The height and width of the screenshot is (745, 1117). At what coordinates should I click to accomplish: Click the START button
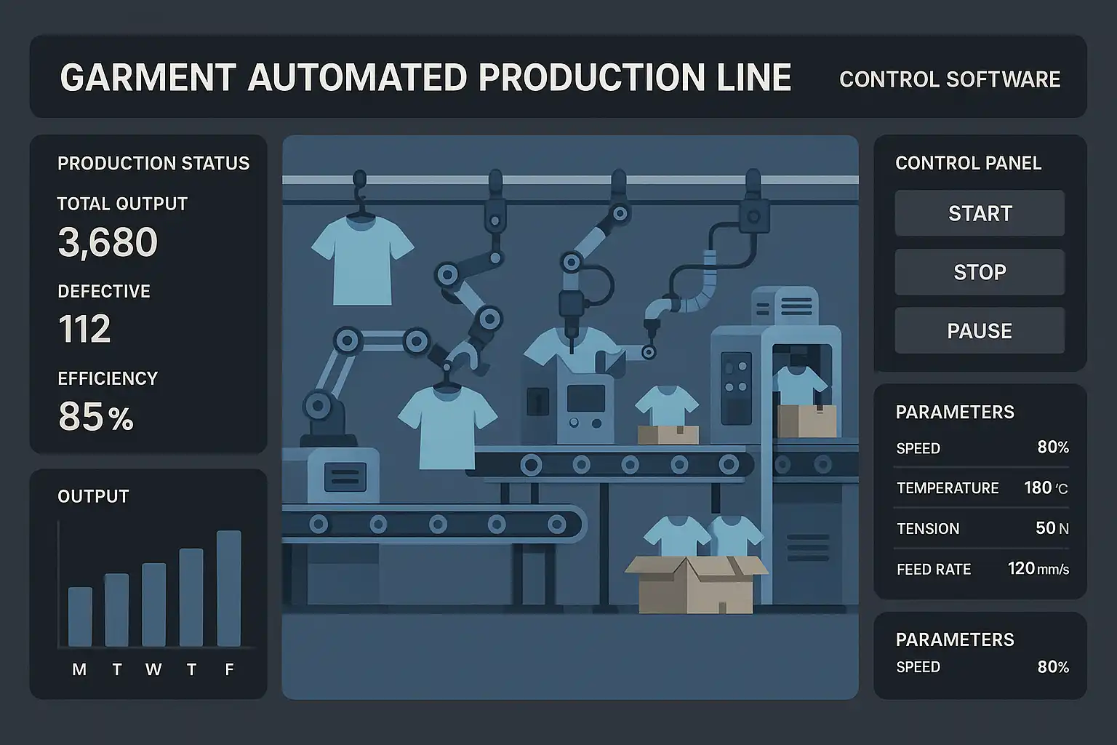979,213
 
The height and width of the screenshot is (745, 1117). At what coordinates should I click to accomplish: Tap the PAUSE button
979,331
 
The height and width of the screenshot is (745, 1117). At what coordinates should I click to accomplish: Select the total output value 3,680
108,243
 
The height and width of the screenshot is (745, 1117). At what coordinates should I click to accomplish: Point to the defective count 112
84,329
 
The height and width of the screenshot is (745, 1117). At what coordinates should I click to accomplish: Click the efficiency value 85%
96,417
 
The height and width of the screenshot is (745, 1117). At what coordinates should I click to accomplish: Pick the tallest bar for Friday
229,588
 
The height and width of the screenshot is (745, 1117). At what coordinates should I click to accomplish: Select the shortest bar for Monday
80,616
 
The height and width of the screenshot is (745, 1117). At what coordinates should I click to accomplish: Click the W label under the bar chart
153,669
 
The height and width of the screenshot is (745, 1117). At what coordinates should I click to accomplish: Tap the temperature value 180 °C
1046,487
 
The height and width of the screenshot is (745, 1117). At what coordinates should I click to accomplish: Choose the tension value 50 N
1052,528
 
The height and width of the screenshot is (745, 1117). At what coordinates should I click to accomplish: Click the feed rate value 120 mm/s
1038,569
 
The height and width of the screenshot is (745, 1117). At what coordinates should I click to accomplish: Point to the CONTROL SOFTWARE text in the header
950,79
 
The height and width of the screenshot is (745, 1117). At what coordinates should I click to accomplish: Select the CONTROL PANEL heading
968,163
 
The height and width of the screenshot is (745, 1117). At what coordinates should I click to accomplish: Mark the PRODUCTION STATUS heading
153,163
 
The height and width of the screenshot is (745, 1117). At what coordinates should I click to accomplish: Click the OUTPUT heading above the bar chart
93,496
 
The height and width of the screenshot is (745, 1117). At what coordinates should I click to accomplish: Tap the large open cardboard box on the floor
696,585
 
